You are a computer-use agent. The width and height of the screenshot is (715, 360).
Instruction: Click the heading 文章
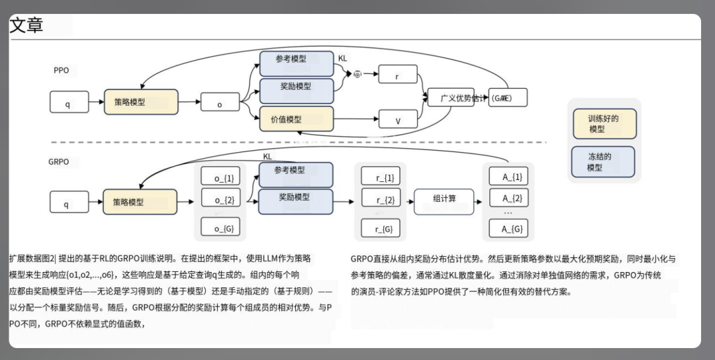[26, 25]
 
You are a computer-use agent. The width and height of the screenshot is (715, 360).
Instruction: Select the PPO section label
[61, 70]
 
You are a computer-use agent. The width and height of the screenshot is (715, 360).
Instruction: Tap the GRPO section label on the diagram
[58, 161]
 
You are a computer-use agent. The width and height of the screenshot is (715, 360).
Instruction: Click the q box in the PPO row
[69, 103]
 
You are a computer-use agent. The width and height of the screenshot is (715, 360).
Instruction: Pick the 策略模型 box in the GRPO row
[140, 201]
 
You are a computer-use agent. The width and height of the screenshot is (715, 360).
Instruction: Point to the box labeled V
[397, 120]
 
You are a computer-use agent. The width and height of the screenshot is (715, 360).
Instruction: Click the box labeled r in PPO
[397, 75]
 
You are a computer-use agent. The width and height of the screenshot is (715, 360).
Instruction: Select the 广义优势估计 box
[455, 99]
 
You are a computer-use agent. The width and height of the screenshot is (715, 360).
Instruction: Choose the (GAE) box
[508, 99]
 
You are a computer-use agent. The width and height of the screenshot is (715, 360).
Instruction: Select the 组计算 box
[444, 201]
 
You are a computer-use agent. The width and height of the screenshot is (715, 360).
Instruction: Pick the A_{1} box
[508, 177]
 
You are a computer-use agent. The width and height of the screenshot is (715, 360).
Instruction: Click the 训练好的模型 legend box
[603, 124]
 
